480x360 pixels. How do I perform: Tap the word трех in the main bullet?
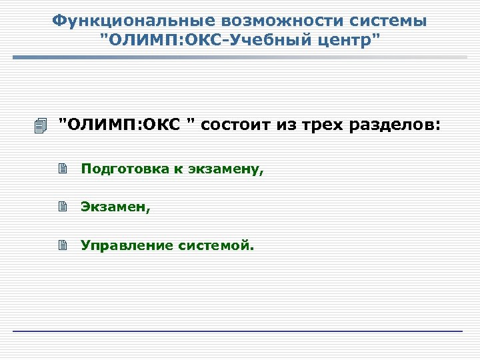tap(319, 124)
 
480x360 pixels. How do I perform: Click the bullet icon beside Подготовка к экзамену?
tap(63, 169)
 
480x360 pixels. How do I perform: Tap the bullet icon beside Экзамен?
tap(63, 207)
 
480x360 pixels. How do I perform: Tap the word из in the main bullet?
tap(285, 124)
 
